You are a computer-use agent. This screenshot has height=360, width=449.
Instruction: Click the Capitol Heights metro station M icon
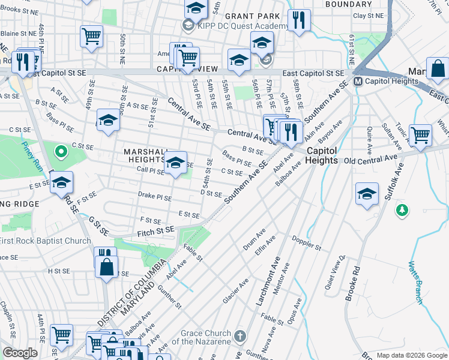pyautogui.click(x=358, y=82)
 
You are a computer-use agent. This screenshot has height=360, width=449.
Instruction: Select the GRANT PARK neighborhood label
pyautogui.click(x=252, y=16)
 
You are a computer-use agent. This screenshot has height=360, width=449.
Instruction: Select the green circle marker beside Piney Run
pyautogui.click(x=59, y=152)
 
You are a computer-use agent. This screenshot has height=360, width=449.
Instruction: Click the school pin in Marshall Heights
pyautogui.click(x=175, y=163)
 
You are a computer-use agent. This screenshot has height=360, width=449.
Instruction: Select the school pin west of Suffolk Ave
pyautogui.click(x=366, y=194)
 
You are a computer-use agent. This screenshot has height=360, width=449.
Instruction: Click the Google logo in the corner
pyautogui.click(x=19, y=353)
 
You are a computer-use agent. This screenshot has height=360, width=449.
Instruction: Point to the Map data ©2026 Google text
pyautogui.click(x=412, y=355)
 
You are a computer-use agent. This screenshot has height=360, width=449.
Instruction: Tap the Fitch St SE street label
pyautogui.click(x=155, y=229)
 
